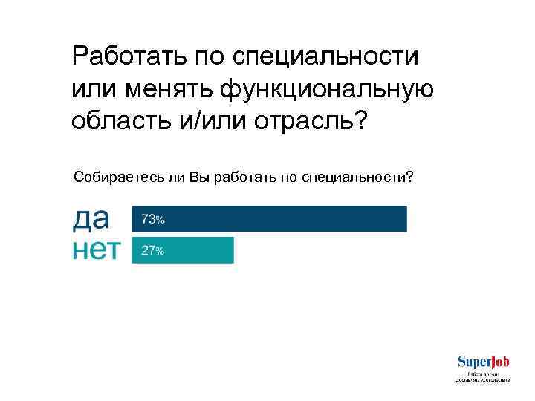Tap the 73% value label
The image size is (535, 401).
[152, 220]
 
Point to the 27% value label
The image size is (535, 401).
[152, 251]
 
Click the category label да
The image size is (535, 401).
[91, 218]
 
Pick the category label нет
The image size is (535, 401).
[96, 250]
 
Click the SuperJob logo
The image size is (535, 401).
[483, 362]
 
